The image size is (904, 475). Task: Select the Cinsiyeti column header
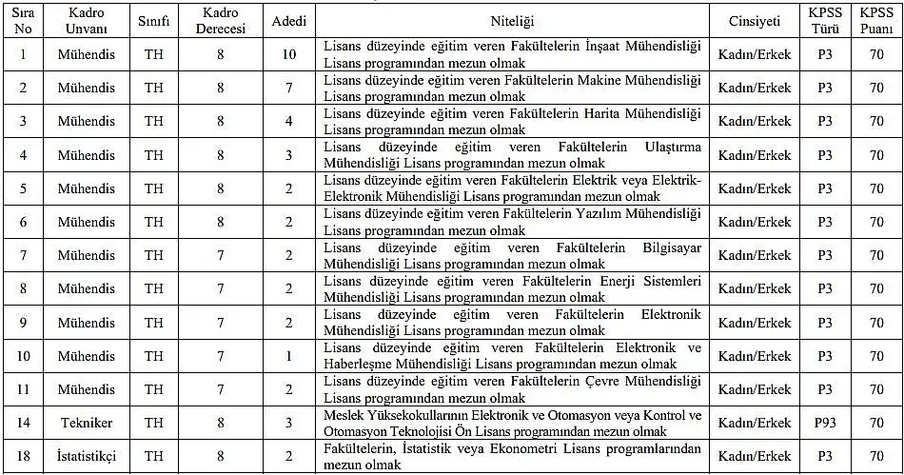754,21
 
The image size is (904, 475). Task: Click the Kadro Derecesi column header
221,21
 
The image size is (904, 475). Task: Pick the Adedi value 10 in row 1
289,54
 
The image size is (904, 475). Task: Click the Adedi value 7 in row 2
289,88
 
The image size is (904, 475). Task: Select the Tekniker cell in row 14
86,422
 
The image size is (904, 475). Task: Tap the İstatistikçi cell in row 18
86,456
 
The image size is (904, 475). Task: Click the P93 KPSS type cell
824,422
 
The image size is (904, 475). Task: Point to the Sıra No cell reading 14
23,422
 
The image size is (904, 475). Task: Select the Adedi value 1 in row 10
289,355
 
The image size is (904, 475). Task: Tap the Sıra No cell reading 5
23,188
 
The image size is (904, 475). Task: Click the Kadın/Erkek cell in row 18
754,456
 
